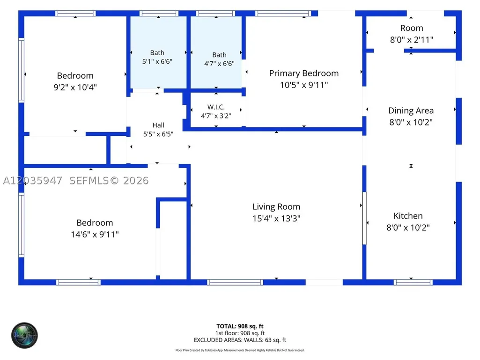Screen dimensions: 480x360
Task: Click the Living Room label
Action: pos(276,207)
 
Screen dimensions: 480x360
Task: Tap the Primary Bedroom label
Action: pos(303,73)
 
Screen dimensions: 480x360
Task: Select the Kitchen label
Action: pos(408,216)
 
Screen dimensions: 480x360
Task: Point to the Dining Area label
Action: pos(411,110)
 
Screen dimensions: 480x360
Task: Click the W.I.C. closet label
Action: pos(216,107)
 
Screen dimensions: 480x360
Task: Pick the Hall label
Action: pos(158,125)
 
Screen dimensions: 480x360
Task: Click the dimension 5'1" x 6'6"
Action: pos(157,61)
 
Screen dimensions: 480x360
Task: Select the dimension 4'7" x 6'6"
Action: pos(219,64)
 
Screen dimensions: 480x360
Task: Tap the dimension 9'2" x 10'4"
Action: pos(75,87)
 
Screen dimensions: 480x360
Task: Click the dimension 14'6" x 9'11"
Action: pos(95,235)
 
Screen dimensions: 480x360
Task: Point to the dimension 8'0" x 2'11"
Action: pos(412,40)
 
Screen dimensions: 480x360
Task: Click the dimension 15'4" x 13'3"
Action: pos(276,219)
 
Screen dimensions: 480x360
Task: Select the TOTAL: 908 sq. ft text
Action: pos(240,326)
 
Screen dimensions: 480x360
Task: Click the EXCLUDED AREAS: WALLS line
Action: pos(240,340)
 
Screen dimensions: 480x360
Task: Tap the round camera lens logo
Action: pos(24,336)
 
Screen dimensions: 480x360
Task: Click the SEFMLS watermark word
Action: pos(89,181)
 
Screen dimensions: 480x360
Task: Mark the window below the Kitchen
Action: pos(413,282)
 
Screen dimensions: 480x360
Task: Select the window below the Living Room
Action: pos(235,282)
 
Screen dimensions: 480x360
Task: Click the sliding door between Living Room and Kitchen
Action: pos(364,218)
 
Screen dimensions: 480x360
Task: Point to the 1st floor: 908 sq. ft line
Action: pos(240,333)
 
